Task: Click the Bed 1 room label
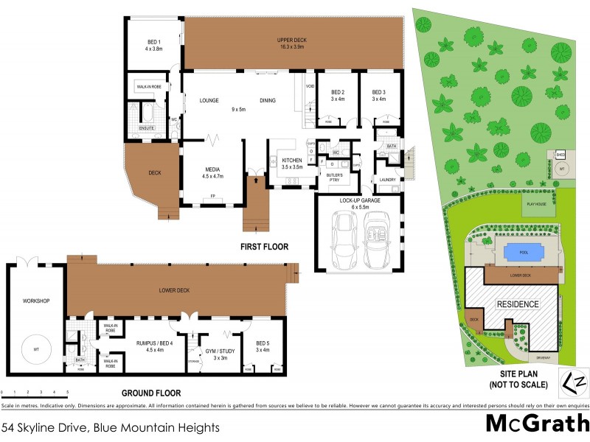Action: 153,42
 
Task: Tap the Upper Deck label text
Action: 292,39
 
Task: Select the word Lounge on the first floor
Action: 210,101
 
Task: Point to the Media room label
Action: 212,169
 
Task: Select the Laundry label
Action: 388,180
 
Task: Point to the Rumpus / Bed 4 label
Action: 153,343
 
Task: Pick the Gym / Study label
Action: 220,351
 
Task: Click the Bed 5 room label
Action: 263,344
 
